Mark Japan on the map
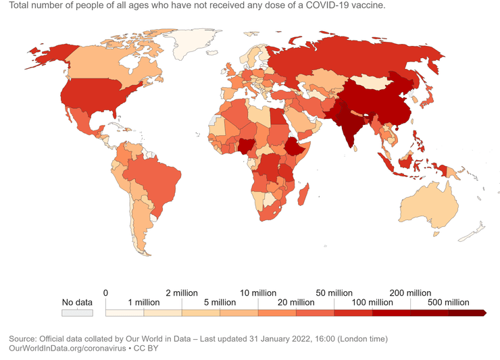[426, 101]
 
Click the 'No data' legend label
[76, 302]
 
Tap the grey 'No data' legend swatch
[76, 313]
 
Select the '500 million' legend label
[447, 303]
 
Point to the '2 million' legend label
[181, 293]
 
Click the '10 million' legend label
[257, 293]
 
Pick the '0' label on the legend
[105, 293]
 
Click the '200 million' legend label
[409, 293]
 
